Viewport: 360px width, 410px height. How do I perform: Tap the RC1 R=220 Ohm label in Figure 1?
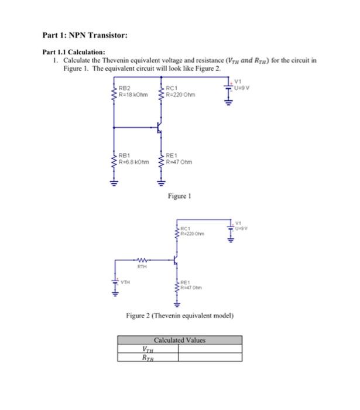(x=181, y=91)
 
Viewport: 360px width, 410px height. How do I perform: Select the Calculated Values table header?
(x=180, y=340)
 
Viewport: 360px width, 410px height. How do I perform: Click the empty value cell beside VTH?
(x=210, y=349)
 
